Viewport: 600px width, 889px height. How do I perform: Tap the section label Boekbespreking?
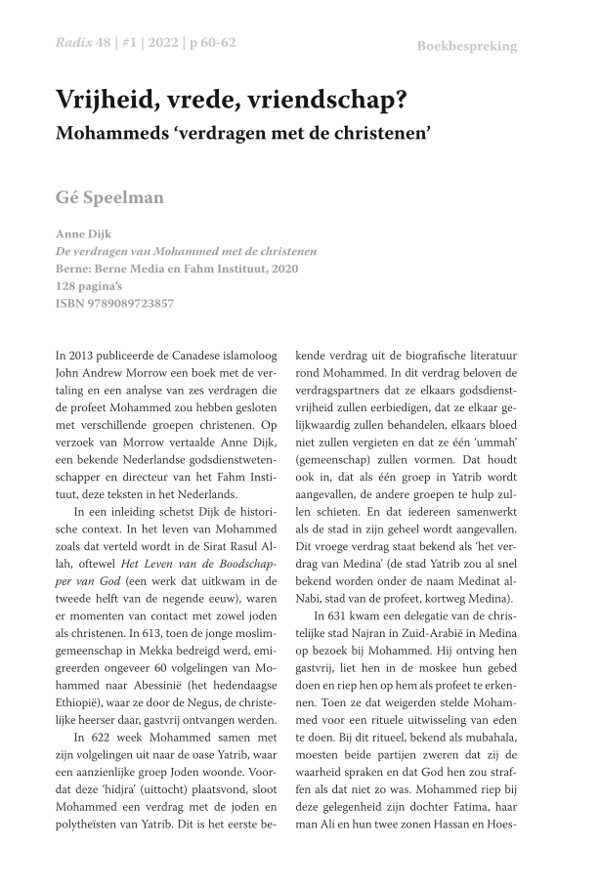point(466,46)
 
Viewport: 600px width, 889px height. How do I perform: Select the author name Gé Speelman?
point(109,198)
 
